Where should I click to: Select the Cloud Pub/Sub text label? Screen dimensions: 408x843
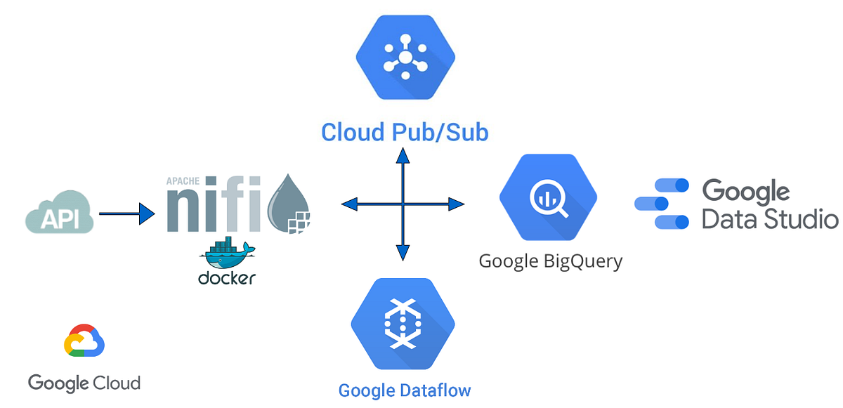click(405, 132)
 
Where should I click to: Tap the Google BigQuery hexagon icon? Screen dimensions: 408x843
click(548, 197)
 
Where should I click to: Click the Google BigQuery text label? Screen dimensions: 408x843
click(550, 261)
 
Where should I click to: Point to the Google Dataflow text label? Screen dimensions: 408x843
click(405, 390)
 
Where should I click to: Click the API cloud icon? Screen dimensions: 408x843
click(60, 213)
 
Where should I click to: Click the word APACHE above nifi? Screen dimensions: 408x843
click(183, 180)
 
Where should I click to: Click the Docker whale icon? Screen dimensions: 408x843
click(226, 254)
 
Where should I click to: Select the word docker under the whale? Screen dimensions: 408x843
click(226, 278)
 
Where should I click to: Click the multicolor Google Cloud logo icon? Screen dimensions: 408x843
click(84, 342)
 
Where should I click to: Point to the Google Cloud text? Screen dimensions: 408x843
click(84, 383)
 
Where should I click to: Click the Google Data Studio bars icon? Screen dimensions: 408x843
click(662, 204)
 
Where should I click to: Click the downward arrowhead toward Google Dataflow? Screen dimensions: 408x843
click(403, 254)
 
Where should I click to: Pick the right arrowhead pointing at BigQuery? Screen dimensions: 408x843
click(456, 204)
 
